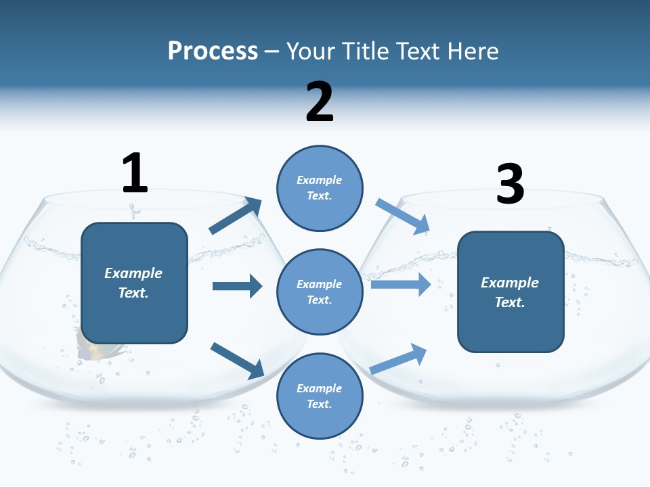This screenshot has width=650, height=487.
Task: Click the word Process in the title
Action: point(213,51)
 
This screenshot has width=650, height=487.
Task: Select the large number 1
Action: point(135,173)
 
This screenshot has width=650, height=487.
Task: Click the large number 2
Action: point(320,102)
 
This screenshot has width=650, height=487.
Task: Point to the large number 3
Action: point(511,184)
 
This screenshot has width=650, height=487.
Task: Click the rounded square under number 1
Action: point(134,283)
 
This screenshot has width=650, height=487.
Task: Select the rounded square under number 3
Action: point(511,292)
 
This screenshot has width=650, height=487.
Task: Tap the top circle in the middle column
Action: point(320,187)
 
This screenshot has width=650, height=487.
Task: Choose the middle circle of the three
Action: point(320,292)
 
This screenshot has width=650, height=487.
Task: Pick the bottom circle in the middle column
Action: point(320,396)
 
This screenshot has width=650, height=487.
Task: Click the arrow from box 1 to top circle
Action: point(236,216)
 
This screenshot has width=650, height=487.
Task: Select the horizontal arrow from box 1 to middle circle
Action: point(237,286)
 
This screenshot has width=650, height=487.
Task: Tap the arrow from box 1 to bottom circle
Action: point(237,360)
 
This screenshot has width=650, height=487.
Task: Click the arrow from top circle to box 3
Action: point(402,216)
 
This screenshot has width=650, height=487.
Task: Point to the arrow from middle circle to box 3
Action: point(401,285)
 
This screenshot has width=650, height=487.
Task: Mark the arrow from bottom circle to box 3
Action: point(399,359)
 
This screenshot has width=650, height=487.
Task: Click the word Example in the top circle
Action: point(320,180)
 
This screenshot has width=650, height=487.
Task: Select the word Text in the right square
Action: point(508,302)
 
